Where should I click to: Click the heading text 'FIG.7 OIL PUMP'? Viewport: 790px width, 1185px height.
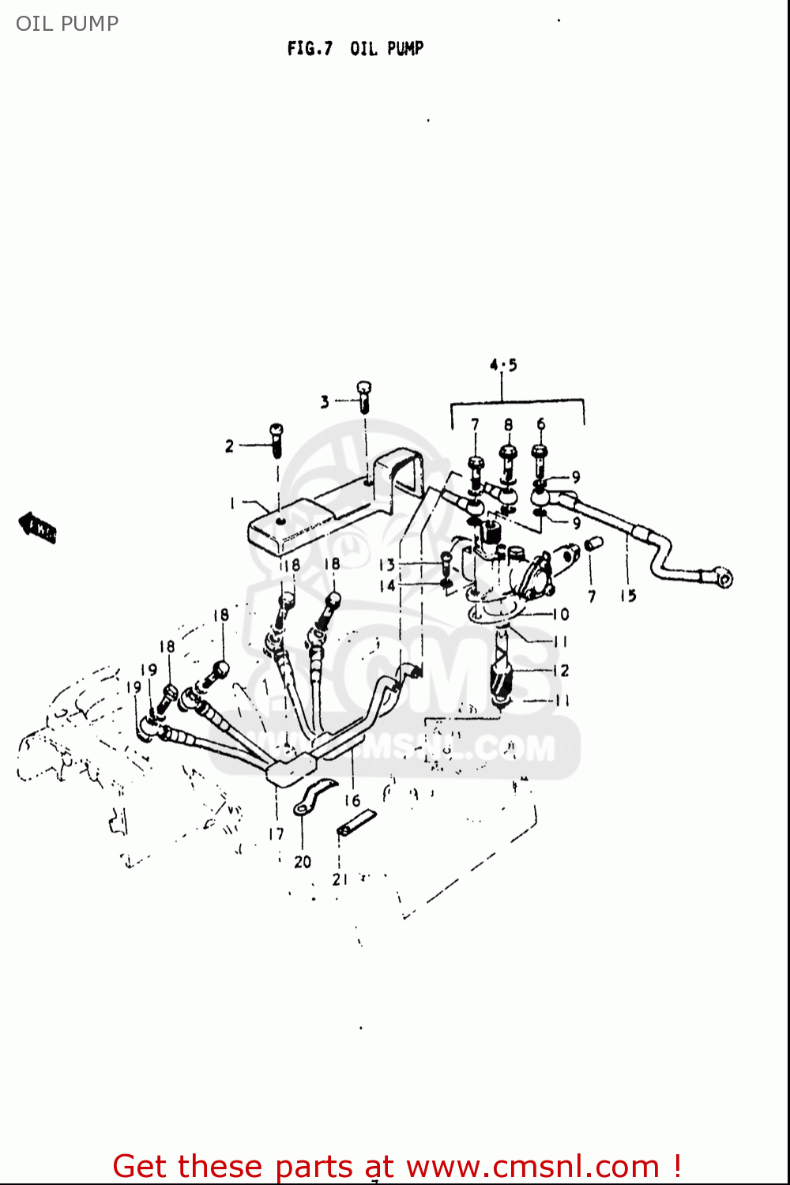pyautogui.click(x=355, y=49)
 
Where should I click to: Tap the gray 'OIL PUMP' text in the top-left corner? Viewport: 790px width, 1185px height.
pyautogui.click(x=67, y=24)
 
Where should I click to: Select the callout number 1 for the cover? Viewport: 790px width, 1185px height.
pyautogui.click(x=232, y=503)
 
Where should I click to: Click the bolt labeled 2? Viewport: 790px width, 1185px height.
pyautogui.click(x=276, y=440)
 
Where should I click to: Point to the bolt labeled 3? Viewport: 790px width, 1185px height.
pyautogui.click(x=363, y=396)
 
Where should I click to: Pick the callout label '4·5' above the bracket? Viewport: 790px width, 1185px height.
pyautogui.click(x=503, y=365)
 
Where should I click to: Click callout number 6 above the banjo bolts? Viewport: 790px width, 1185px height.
pyautogui.click(x=541, y=424)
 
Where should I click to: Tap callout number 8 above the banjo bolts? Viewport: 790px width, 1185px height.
pyautogui.click(x=508, y=424)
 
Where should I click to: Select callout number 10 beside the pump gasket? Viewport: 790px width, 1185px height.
pyautogui.click(x=560, y=614)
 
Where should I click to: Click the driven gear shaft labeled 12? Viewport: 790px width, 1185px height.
pyautogui.click(x=502, y=671)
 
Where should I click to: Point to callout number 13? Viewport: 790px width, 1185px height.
pyautogui.click(x=386, y=565)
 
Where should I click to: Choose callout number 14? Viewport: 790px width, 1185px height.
pyautogui.click(x=386, y=585)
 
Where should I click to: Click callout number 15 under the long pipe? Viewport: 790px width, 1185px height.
pyautogui.click(x=628, y=596)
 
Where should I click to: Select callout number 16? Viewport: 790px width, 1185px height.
pyautogui.click(x=352, y=800)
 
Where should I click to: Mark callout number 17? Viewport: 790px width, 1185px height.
pyautogui.click(x=276, y=833)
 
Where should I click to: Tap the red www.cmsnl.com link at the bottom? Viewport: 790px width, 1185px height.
pyautogui.click(x=531, y=1166)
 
